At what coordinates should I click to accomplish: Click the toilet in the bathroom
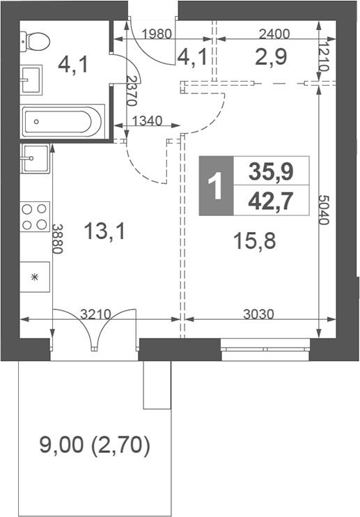pos(36,41)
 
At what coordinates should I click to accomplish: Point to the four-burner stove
pos(34,216)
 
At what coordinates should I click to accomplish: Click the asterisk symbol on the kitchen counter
pos(34,277)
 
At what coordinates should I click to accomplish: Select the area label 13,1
pos(104,231)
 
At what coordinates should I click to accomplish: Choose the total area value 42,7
pos(271,200)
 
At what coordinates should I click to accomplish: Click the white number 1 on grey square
pos(215,186)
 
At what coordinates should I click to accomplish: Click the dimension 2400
pos(273,33)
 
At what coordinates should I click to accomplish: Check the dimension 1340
pos(146,121)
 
